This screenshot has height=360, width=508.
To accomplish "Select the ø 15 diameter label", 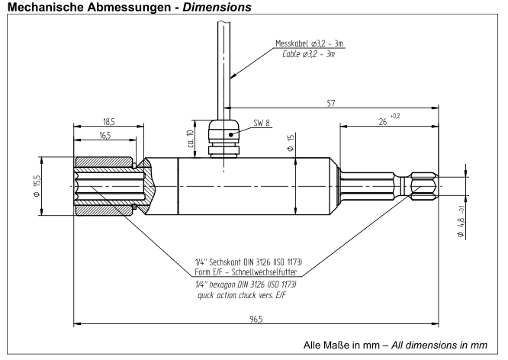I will click(291, 143).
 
